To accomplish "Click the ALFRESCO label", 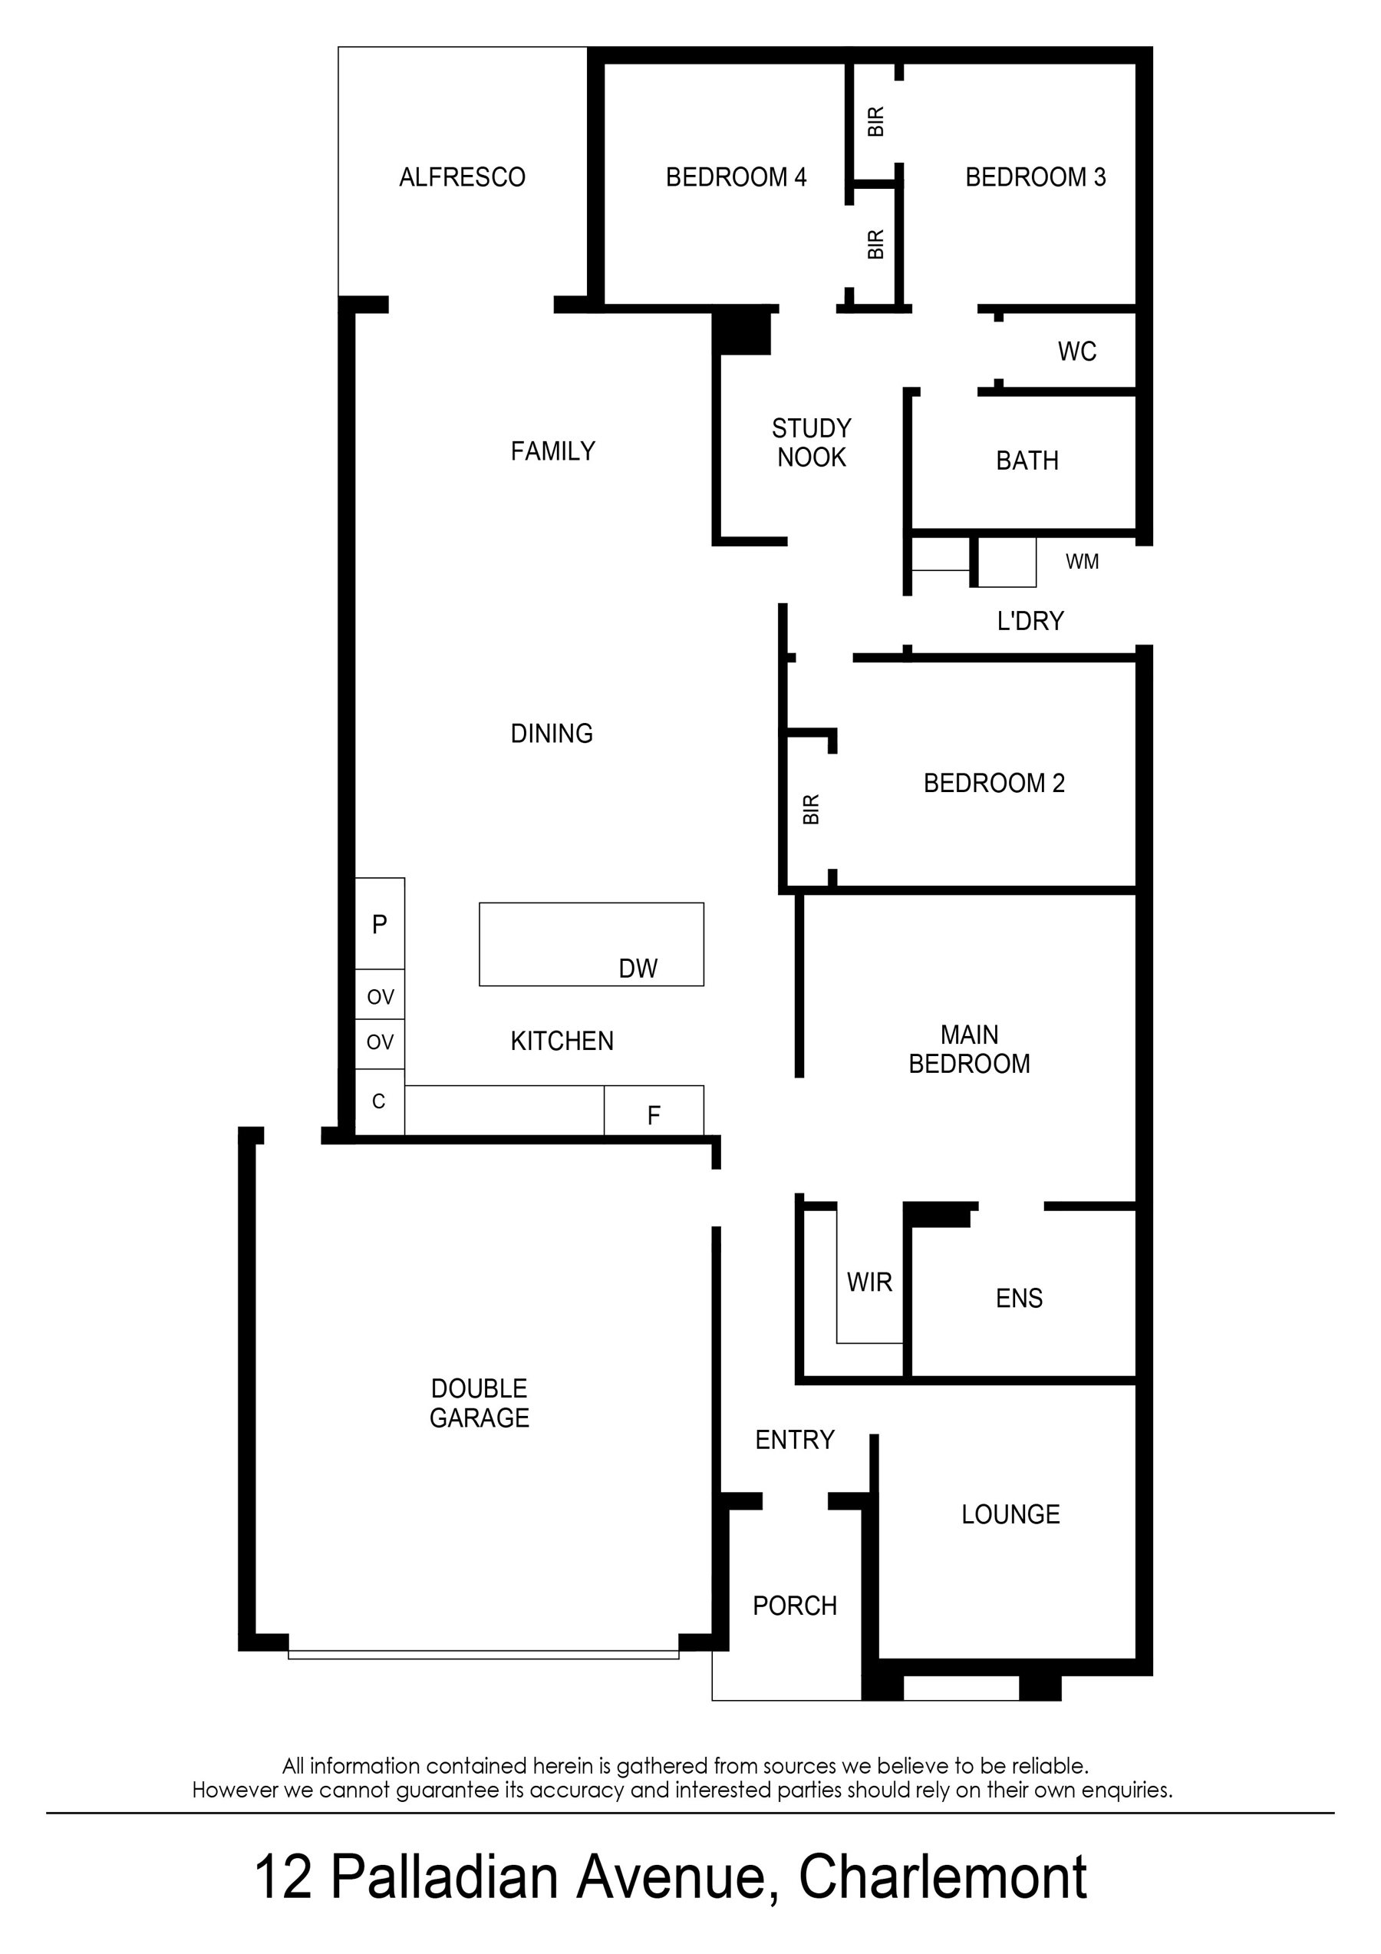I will [462, 177].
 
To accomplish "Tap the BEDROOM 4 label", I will [736, 177].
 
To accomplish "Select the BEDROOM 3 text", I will [1035, 177].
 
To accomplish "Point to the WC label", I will [1076, 352].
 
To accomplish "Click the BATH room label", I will [1027, 460].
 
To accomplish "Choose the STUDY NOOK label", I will [811, 443].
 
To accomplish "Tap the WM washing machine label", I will [1082, 562].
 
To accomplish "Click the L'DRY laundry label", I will [1030, 621].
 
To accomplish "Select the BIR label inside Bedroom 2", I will [811, 810].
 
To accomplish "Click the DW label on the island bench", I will [638, 969].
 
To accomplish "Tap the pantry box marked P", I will [380, 923].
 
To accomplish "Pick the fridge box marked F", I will [654, 1115].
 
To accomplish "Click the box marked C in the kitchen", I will [379, 1101].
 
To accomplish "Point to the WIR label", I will [868, 1282].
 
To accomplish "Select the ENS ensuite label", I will [1019, 1298].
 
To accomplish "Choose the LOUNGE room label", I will [1010, 1514].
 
